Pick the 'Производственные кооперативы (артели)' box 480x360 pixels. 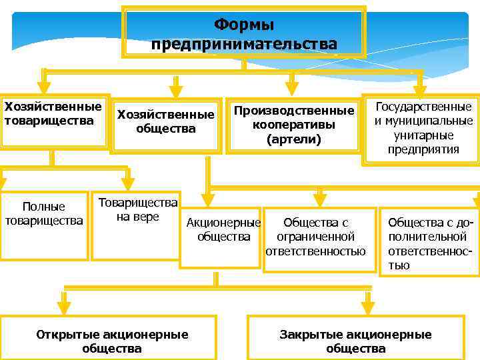click(293, 125)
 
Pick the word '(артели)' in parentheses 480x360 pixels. click(293, 140)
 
